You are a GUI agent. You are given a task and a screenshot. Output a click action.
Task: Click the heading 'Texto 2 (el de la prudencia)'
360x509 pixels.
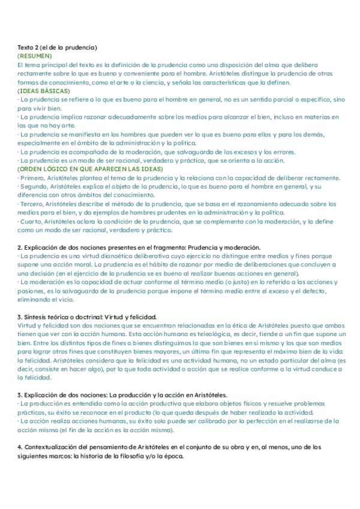pyautogui.click(x=58, y=47)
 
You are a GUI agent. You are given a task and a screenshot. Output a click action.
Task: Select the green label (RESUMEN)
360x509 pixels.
pyautogui.click(x=35, y=56)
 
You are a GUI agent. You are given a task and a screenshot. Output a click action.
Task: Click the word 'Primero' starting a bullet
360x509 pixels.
pyautogui.click(x=32, y=178)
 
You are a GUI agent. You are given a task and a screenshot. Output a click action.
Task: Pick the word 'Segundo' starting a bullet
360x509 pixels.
pyautogui.click(x=34, y=186)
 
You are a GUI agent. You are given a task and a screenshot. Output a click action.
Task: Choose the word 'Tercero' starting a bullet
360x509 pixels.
pyautogui.click(x=32, y=204)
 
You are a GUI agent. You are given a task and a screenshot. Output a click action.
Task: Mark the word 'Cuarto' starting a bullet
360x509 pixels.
pyautogui.click(x=31, y=222)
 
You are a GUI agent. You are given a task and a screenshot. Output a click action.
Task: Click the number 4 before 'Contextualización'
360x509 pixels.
pyautogui.click(x=20, y=447)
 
